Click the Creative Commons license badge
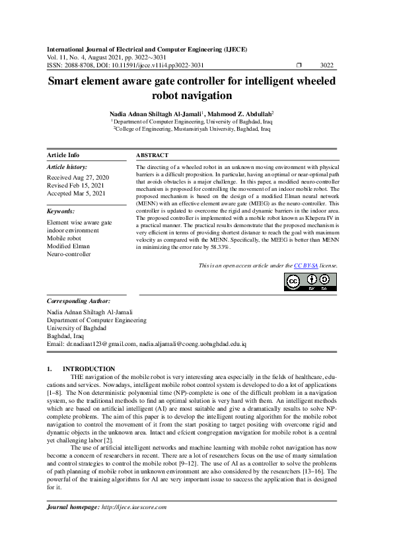pos(310,282)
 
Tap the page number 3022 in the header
pos(326,65)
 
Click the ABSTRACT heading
pos(153,155)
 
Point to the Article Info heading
pos(63,155)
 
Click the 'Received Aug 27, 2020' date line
pos(78,178)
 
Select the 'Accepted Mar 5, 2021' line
pos(75,194)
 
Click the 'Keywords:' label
pos(61,211)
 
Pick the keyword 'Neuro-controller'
pos(69,254)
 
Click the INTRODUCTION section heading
pos(89,368)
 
